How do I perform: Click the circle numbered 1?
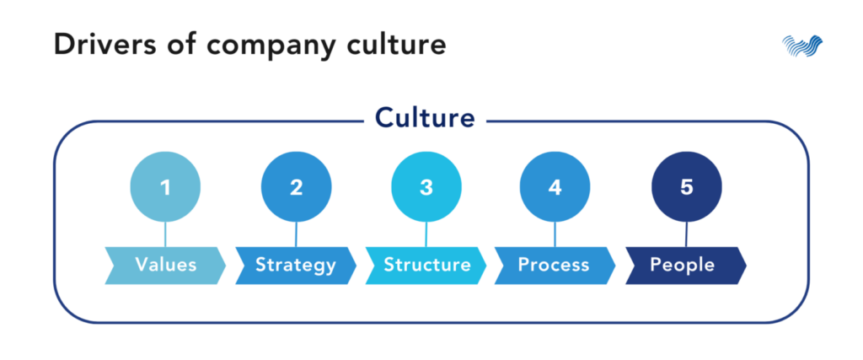tap(165, 187)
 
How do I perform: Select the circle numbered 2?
tap(296, 187)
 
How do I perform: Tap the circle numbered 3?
tap(426, 187)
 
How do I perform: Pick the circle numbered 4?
tap(555, 187)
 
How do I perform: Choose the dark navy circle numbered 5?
tap(686, 187)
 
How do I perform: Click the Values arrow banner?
tap(165, 266)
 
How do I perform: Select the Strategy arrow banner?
tap(296, 266)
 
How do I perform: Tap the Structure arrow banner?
tap(426, 266)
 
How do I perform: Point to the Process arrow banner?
tap(555, 266)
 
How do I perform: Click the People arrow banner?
tap(686, 266)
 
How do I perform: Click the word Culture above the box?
tap(425, 118)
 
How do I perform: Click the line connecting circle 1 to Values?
tap(165, 234)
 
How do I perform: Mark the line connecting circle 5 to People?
tap(686, 234)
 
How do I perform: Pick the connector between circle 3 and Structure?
tap(426, 234)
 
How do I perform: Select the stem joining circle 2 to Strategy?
tap(296, 234)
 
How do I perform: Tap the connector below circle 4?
tap(555, 234)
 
